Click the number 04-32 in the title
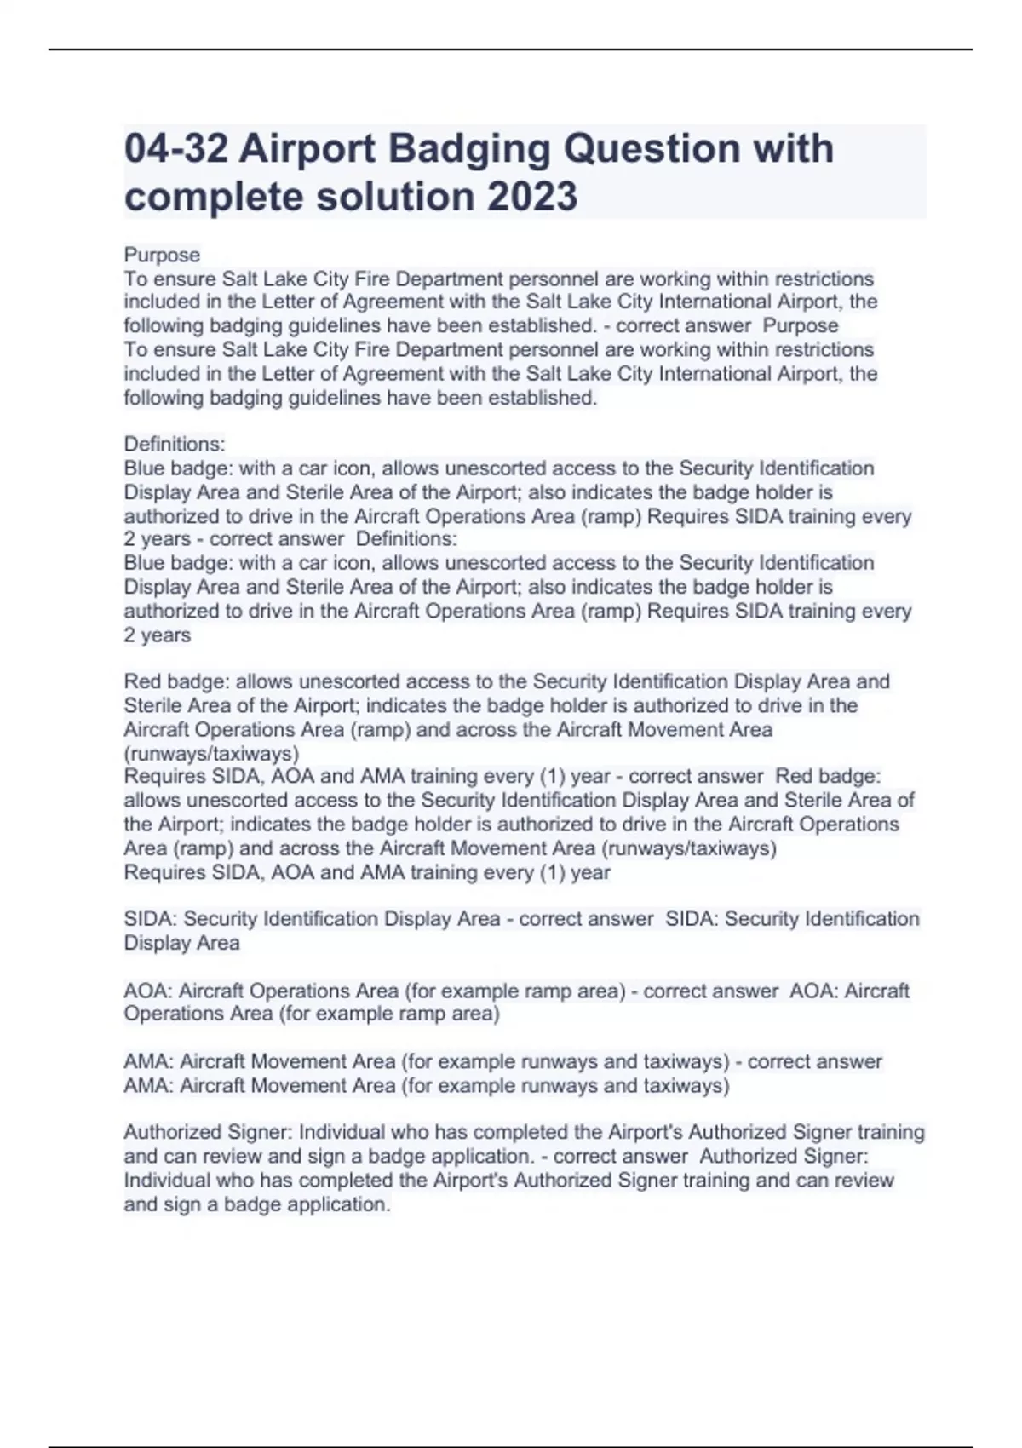tap(175, 149)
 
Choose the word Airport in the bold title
tap(307, 149)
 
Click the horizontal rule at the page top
tap(511, 49)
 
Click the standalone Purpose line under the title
tap(162, 255)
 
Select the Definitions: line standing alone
tap(175, 444)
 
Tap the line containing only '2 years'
tap(158, 635)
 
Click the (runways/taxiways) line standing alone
tap(211, 753)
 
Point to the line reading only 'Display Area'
tap(181, 943)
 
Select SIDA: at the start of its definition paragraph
tap(150, 919)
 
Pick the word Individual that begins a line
tap(166, 1181)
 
